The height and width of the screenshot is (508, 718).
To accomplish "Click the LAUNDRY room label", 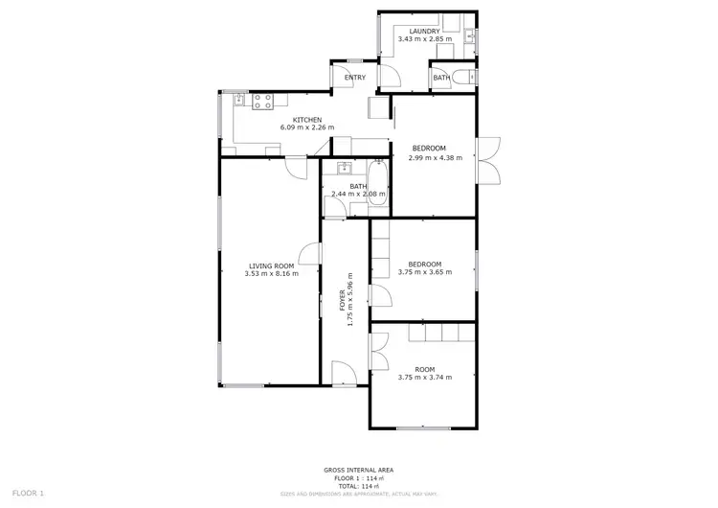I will (x=424, y=31).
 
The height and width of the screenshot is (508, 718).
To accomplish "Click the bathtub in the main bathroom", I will (x=379, y=186).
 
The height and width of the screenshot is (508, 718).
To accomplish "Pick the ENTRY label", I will (x=355, y=78).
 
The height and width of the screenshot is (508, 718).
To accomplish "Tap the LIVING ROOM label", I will (x=271, y=266).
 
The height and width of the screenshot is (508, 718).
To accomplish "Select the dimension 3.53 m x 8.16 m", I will (x=271, y=274).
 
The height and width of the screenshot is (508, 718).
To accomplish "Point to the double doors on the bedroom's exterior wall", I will (x=489, y=157).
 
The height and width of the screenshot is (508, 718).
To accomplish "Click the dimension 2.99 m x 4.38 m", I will (x=429, y=156).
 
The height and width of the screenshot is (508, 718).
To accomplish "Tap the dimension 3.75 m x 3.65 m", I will (x=424, y=272).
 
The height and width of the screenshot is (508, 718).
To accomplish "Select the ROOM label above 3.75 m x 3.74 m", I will (x=424, y=369).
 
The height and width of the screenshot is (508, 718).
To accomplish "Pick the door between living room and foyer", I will (x=309, y=254).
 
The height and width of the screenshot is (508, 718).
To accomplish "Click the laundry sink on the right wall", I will (x=469, y=37).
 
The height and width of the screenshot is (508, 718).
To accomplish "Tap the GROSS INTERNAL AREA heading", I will (x=358, y=470).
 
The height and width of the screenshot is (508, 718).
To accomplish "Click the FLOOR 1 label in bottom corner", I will (x=29, y=493).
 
